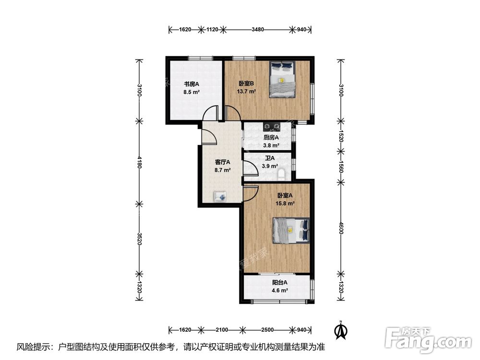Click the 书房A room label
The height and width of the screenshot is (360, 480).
192,84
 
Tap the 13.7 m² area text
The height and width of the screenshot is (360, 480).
246,91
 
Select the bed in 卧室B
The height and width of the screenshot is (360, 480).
282,80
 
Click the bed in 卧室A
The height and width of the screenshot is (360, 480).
291,230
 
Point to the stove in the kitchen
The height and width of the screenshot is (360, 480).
272,126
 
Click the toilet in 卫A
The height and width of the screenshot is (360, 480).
281,175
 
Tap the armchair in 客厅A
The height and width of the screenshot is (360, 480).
220,196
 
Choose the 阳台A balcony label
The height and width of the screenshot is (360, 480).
280,283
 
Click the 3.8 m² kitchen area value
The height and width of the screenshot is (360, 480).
271,146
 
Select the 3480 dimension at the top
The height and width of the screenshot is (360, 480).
258,30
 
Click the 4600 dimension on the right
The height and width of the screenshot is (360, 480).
341,228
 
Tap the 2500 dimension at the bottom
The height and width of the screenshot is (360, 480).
267,330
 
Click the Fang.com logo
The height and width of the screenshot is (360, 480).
428,339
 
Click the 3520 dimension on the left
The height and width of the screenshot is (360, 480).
139,239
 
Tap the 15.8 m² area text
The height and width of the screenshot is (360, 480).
285,203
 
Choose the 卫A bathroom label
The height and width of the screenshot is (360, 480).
270,158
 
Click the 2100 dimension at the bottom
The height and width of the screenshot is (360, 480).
222,330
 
